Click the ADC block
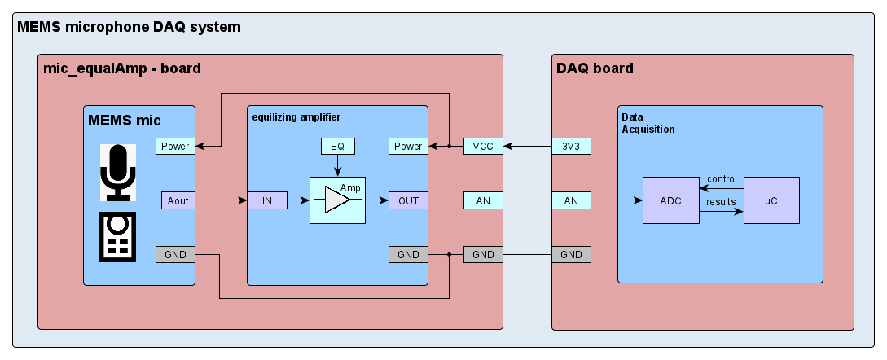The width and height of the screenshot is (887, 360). tap(671, 200)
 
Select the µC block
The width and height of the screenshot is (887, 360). tap(771, 200)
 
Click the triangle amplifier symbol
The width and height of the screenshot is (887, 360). tap(336, 200)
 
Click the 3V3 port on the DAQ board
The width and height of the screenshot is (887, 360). tap(571, 147)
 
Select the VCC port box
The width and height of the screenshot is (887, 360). tap(483, 147)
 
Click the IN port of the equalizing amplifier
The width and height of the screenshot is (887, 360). tap(267, 200)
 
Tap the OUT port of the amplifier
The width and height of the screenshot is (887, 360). tap(408, 200)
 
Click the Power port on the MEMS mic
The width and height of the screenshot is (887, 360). tap(176, 147)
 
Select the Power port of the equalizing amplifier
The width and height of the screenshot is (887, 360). tap(408, 147)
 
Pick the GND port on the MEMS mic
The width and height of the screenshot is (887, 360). tap(176, 254)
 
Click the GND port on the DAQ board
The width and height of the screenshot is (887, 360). tap(571, 254)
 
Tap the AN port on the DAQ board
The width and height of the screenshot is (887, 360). tap(571, 200)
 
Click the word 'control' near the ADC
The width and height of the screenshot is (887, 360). tap(722, 179)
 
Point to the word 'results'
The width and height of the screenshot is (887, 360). tap(722, 201)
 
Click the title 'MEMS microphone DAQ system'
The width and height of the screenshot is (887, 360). tap(129, 27)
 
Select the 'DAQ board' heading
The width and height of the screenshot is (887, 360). tap(594, 68)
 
